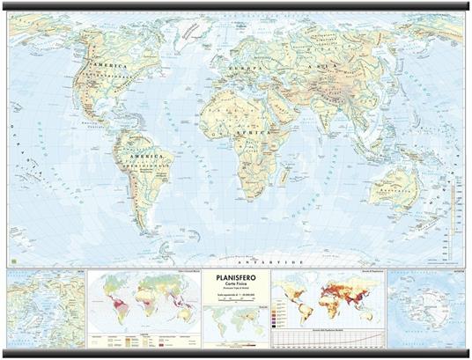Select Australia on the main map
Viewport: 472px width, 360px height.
393,187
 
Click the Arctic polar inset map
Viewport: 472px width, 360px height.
47,308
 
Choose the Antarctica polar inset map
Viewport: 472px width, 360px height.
426,308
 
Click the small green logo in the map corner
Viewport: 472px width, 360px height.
14,261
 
